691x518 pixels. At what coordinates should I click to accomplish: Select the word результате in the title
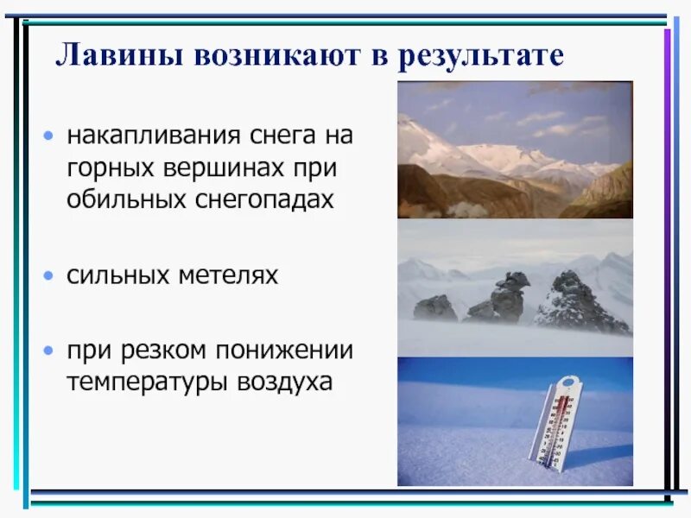480,57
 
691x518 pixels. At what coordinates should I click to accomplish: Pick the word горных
111,168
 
